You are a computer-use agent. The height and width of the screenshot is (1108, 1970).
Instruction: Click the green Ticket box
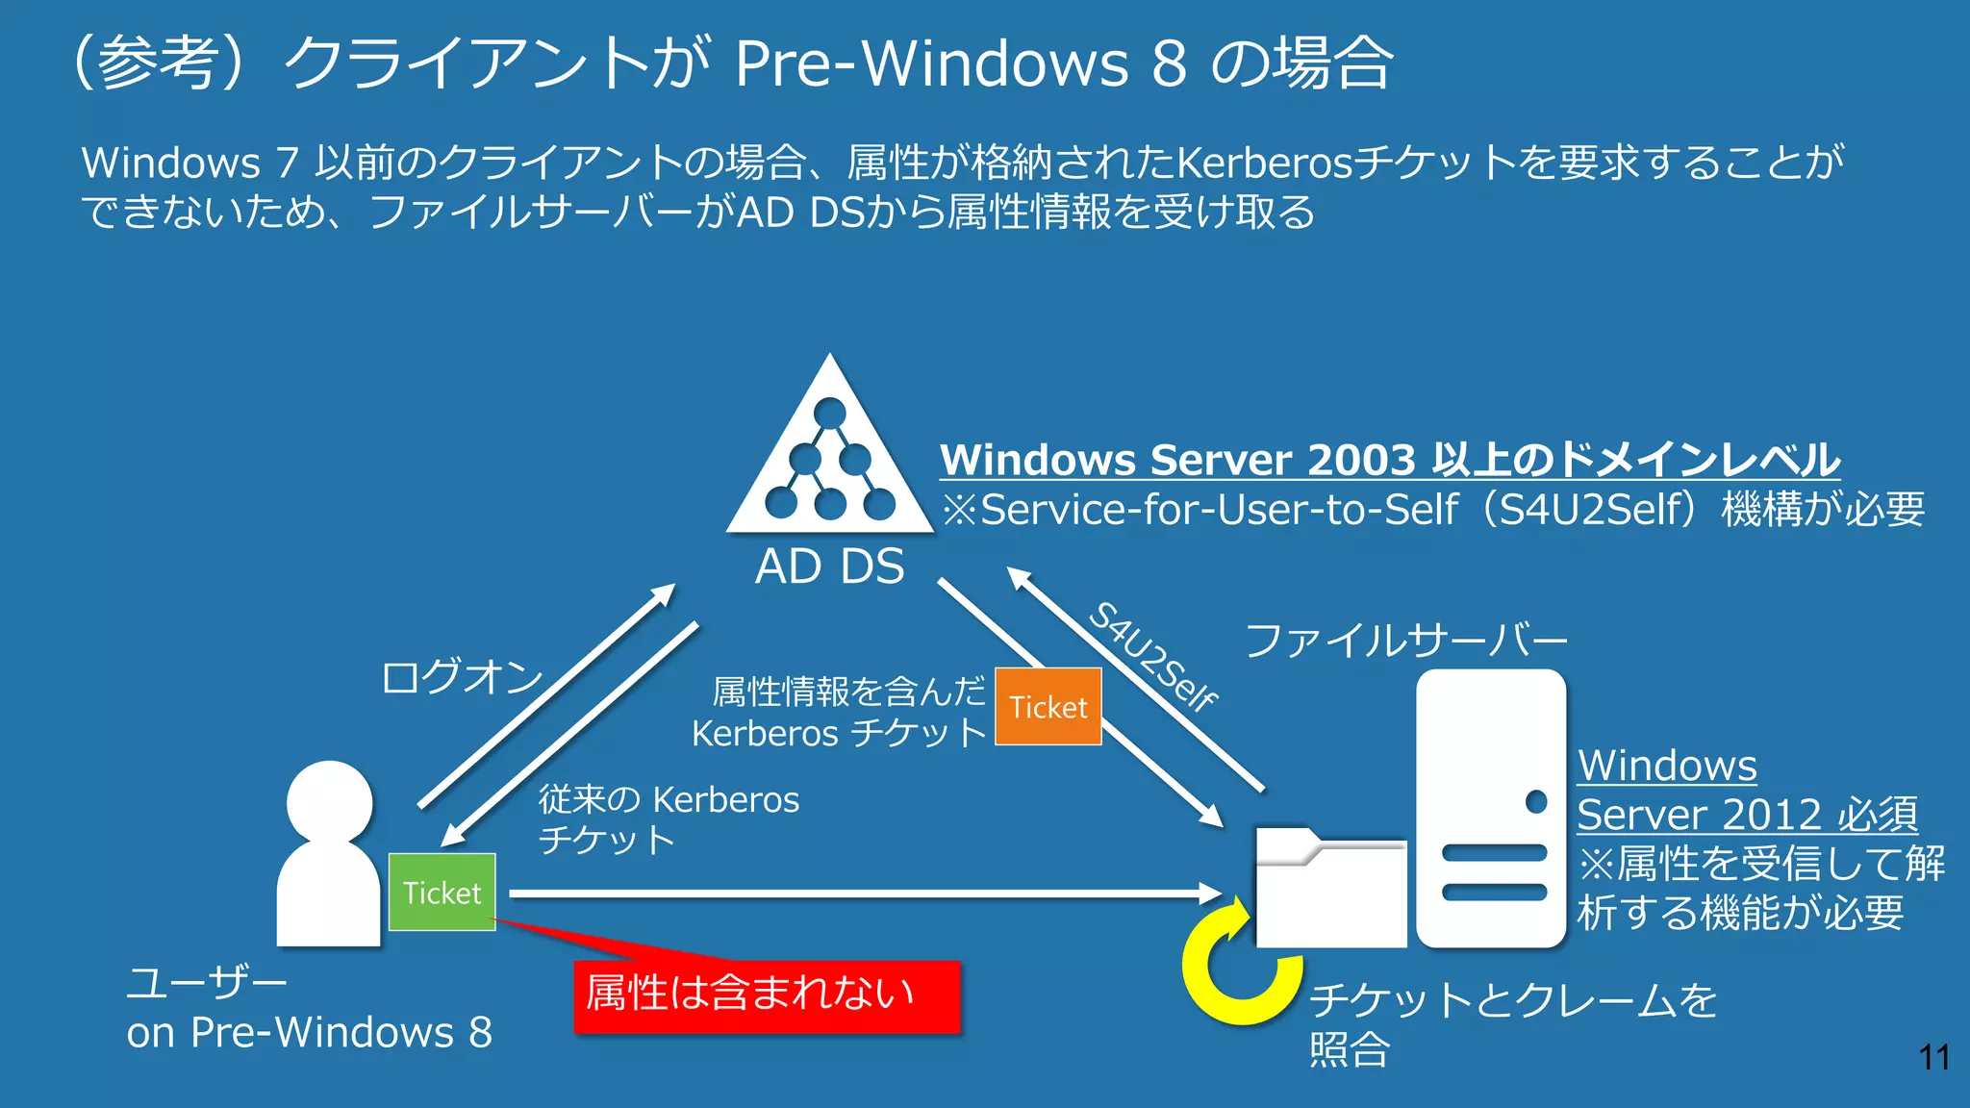point(442,892)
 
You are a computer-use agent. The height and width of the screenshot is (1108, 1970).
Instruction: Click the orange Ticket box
point(1048,706)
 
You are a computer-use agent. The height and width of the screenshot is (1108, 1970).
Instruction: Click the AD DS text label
point(829,566)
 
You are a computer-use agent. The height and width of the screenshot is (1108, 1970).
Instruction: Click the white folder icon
point(1330,887)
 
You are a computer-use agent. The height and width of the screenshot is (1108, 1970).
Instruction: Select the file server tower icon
point(1490,808)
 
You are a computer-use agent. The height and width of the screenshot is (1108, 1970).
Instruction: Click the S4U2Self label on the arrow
point(1152,657)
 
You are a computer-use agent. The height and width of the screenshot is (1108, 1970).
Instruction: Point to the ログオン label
point(462,676)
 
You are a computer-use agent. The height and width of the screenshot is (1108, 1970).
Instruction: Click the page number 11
point(1933,1057)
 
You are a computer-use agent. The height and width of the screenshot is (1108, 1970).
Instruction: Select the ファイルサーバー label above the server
point(1405,641)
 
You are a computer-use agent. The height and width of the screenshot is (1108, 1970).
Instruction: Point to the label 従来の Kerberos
point(669,799)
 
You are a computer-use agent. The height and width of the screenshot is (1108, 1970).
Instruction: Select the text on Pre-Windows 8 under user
point(309,1032)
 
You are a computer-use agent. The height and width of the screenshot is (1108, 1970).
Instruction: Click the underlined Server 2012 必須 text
point(1747,815)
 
